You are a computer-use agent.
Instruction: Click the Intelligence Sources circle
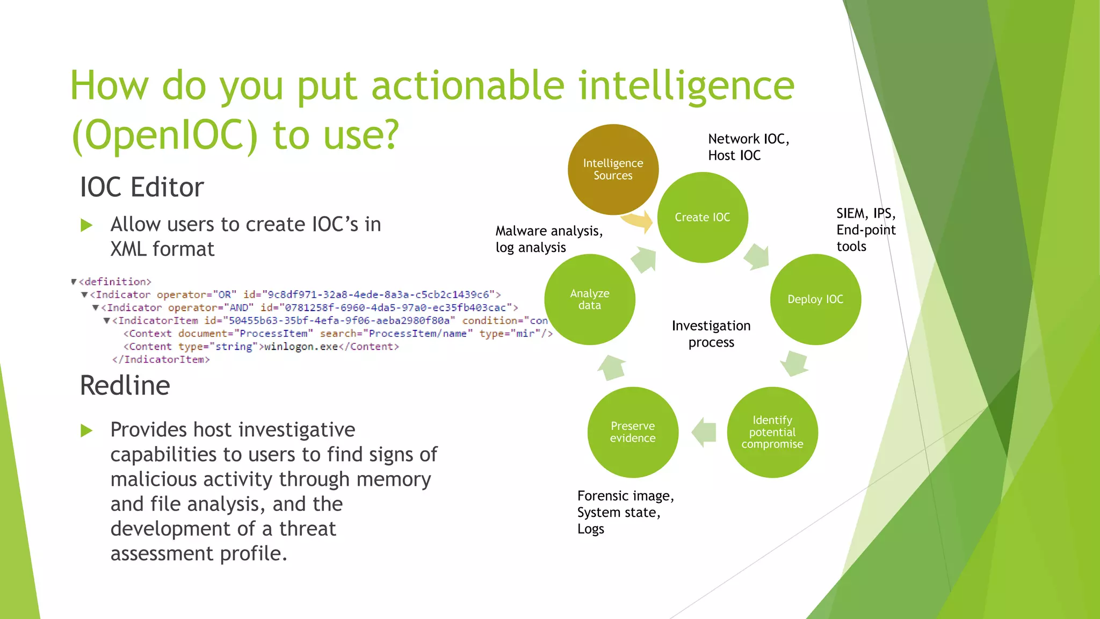(x=613, y=169)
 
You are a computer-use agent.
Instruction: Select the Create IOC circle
(x=703, y=217)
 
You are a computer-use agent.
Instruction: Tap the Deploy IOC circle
(x=815, y=299)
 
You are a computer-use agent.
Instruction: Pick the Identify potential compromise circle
(x=772, y=432)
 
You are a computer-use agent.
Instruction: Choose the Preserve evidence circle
(x=633, y=432)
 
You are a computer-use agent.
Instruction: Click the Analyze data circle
(x=590, y=299)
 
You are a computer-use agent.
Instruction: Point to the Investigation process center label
(x=711, y=334)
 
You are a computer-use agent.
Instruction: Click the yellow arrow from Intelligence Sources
(x=638, y=220)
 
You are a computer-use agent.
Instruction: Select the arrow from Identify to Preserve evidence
(x=704, y=432)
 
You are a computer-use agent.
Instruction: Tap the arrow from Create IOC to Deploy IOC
(x=757, y=256)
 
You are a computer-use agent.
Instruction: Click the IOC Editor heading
(x=142, y=188)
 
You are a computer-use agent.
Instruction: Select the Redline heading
(x=125, y=386)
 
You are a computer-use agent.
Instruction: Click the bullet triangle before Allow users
(x=86, y=225)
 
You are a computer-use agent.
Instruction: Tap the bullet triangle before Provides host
(x=86, y=430)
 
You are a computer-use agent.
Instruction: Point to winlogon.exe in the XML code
(x=301, y=347)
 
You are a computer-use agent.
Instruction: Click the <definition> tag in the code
(x=115, y=282)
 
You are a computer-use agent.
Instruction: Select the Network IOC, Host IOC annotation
(x=748, y=147)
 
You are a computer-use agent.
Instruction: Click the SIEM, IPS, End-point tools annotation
(x=865, y=230)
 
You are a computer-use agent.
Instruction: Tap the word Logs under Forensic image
(x=590, y=529)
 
